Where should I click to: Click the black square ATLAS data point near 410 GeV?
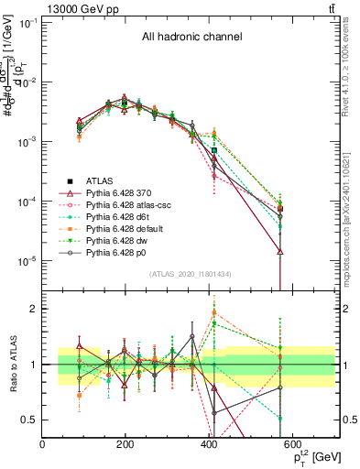[x=214, y=149]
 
